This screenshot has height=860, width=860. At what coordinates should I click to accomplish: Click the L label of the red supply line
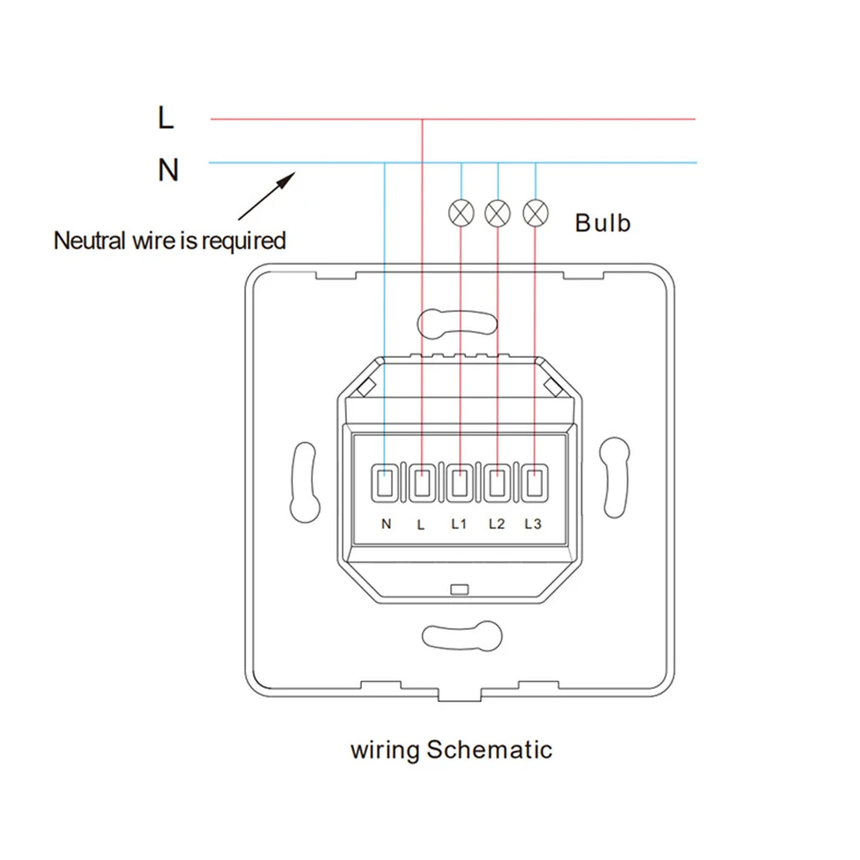pyautogui.click(x=166, y=118)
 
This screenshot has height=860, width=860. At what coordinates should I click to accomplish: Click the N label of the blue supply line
pyautogui.click(x=168, y=170)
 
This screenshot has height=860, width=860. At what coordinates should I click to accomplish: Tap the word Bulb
pyautogui.click(x=603, y=223)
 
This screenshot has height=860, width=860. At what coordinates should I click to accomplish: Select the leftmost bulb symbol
pyautogui.click(x=461, y=211)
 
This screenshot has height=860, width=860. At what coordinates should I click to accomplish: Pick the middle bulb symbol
pyautogui.click(x=498, y=211)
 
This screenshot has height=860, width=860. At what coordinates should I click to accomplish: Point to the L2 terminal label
pyautogui.click(x=495, y=523)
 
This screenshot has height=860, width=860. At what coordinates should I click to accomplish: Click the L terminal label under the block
pyautogui.click(x=421, y=523)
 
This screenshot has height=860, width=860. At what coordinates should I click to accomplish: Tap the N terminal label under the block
pyautogui.click(x=386, y=523)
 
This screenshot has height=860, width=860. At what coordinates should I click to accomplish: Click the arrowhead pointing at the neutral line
pyautogui.click(x=289, y=178)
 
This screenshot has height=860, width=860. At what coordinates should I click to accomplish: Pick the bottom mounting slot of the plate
pyautogui.click(x=458, y=637)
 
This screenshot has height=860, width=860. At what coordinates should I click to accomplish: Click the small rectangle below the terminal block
pyautogui.click(x=458, y=589)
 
